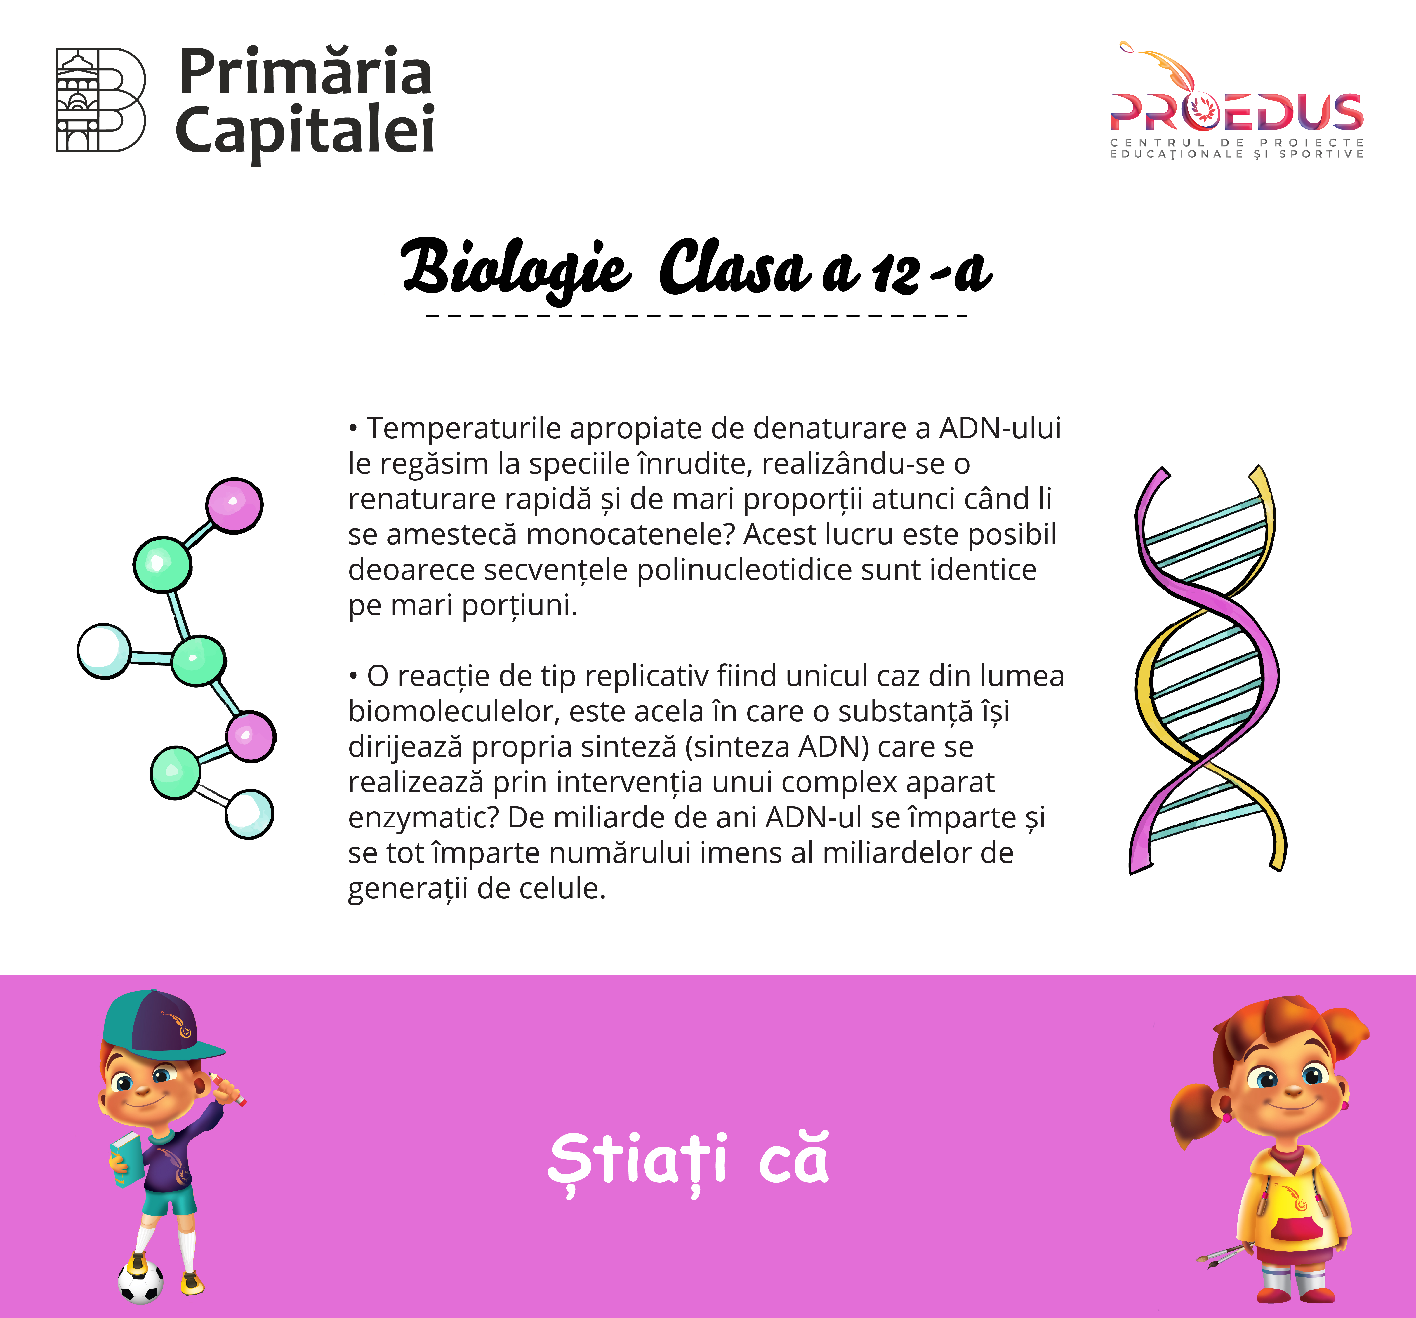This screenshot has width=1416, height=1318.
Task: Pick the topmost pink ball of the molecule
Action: [x=234, y=505]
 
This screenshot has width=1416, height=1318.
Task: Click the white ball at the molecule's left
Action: [x=104, y=651]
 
